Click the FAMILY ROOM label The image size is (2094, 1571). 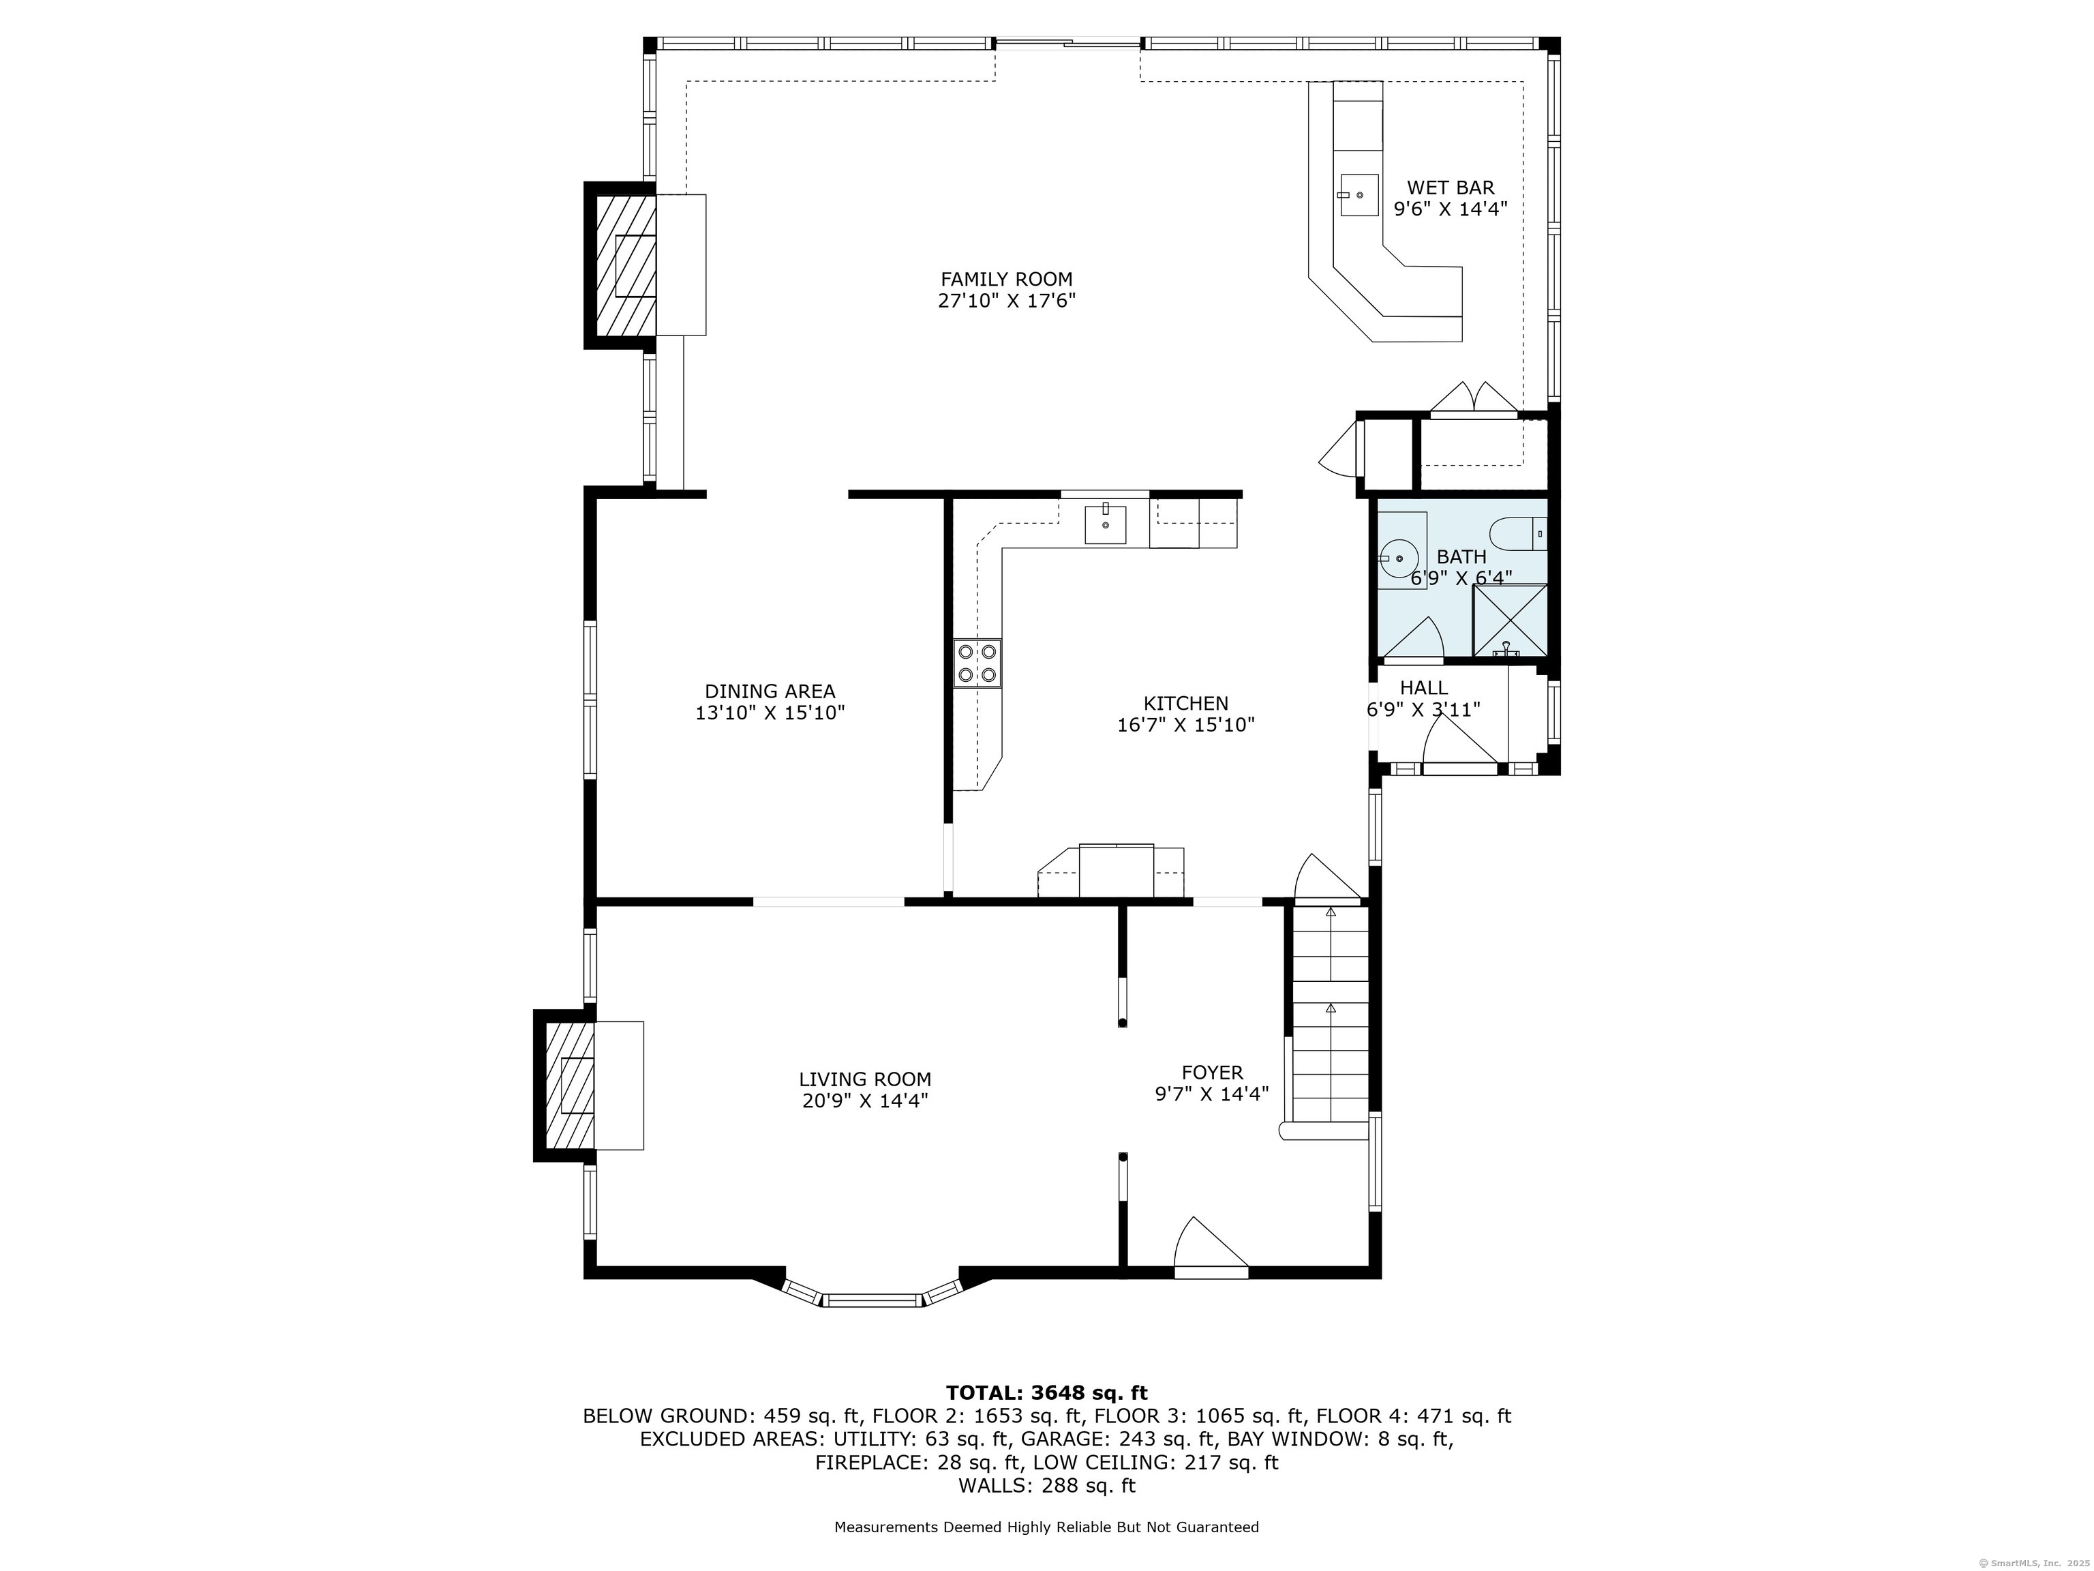pos(1006,280)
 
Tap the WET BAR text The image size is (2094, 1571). pos(1451,188)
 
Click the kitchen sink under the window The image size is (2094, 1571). pos(1106,524)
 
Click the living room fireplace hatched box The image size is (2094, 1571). pos(571,1086)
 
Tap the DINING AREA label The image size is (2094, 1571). pos(770,692)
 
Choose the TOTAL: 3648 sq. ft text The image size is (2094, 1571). pos(1046,1393)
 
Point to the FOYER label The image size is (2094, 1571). pos(1212,1073)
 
